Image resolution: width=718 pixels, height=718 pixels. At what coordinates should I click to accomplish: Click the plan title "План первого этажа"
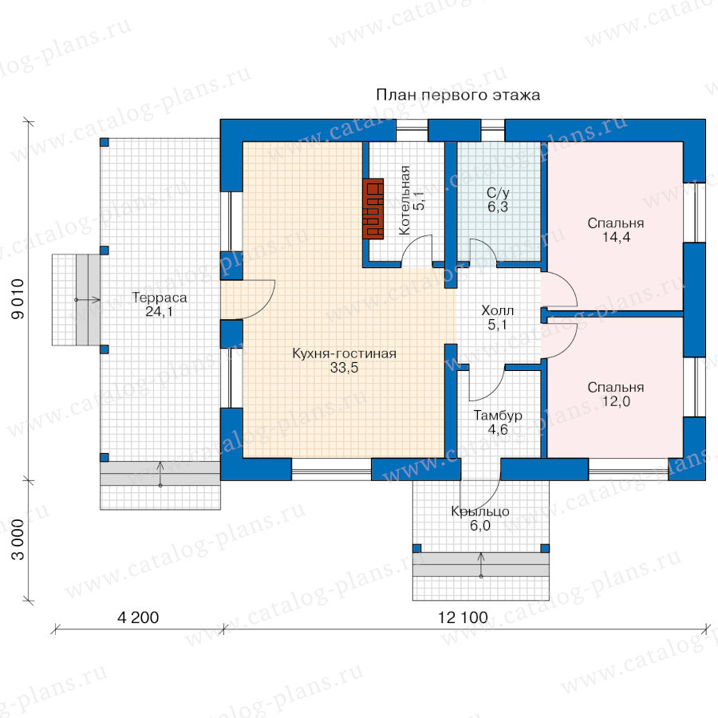tap(458, 95)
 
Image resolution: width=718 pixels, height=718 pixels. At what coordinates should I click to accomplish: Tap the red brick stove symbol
tap(373, 208)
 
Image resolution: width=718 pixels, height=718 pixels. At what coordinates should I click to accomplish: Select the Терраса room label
tap(160, 298)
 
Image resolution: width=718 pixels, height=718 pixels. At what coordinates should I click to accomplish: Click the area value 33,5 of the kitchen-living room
tap(345, 368)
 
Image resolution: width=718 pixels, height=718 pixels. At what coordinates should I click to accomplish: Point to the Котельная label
tap(404, 200)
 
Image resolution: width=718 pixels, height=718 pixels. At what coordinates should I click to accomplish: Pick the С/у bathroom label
tap(498, 193)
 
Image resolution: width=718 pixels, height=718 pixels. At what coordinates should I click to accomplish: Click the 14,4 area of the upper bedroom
tap(616, 237)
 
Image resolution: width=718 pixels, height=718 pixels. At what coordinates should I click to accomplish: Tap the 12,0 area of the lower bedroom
tap(616, 401)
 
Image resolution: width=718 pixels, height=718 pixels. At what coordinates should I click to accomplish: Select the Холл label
tap(497, 311)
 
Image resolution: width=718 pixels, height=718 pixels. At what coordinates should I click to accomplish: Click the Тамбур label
tap(498, 416)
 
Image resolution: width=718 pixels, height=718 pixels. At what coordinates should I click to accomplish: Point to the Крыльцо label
tap(480, 511)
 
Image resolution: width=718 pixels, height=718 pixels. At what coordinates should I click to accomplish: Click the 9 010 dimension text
tap(18, 299)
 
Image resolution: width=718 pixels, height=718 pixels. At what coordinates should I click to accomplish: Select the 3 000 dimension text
tap(18, 539)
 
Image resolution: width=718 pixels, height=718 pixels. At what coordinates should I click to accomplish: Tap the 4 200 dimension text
tap(138, 617)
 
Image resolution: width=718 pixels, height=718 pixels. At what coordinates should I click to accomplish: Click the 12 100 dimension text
tap(463, 617)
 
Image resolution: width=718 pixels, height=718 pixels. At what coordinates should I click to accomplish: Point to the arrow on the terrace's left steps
tap(88, 300)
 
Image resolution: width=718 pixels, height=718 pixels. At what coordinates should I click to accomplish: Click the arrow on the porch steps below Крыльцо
tap(481, 565)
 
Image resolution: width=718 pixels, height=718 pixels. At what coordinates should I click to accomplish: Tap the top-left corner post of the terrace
tap(105, 143)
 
